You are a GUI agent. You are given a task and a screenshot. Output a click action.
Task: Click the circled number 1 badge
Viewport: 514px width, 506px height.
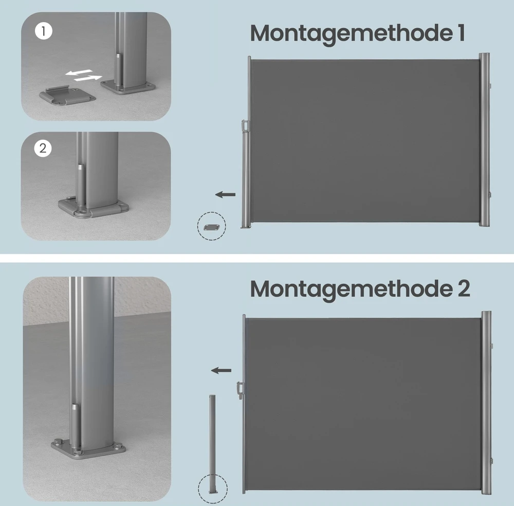pyautogui.click(x=44, y=31)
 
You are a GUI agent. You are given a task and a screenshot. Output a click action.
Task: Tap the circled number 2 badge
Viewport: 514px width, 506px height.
pyautogui.click(x=43, y=148)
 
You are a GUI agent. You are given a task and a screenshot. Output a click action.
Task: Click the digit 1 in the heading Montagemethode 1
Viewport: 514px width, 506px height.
pyautogui.click(x=462, y=33)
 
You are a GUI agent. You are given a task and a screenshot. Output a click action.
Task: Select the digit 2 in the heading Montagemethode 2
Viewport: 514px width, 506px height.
pyautogui.click(x=463, y=288)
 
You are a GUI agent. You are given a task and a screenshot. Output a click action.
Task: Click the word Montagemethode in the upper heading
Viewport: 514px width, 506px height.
pyautogui.click(x=350, y=34)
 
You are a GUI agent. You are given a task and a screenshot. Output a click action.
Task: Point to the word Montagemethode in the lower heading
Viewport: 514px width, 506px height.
pyautogui.click(x=350, y=290)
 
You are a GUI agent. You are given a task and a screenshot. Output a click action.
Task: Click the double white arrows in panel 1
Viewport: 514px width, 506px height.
pyautogui.click(x=84, y=75)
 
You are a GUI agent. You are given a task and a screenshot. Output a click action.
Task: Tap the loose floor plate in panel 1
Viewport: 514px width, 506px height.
pyautogui.click(x=67, y=96)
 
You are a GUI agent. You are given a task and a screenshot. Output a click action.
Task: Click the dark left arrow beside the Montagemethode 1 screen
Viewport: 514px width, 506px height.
pyautogui.click(x=225, y=194)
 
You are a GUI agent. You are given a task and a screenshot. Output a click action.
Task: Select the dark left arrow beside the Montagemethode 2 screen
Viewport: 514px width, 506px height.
pyautogui.click(x=221, y=371)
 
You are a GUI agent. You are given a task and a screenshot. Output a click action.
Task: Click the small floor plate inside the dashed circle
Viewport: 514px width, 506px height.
pyautogui.click(x=211, y=227)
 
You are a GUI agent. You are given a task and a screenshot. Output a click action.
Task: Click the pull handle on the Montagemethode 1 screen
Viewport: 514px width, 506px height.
pyautogui.click(x=245, y=125)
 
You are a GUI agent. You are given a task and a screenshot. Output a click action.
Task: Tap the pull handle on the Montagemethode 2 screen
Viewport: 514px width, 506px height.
pyautogui.click(x=240, y=390)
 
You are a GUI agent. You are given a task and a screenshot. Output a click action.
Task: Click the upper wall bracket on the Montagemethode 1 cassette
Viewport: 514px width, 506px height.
pyautogui.click(x=490, y=85)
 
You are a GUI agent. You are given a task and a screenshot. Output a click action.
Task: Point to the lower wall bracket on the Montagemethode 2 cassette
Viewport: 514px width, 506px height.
pyautogui.click(x=491, y=461)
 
